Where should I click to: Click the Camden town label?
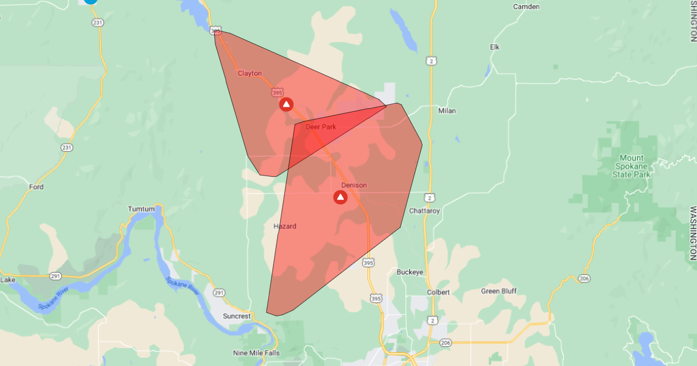coord(526,7)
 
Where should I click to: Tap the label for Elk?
coord(495,47)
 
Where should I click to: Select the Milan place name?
coord(446,111)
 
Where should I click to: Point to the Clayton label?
coord(250,73)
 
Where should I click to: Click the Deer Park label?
coord(321,127)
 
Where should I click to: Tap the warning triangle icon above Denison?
coord(340,197)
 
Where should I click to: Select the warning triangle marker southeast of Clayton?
coord(286,105)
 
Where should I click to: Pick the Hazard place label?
coord(284,226)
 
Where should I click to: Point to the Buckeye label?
coord(410,272)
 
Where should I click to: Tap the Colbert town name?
coord(438,292)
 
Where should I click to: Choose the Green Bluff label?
coord(499,291)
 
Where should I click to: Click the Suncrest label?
coord(237,316)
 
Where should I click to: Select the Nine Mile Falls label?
coord(257,353)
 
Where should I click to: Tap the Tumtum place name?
coord(142,209)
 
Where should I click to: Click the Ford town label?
coord(36,187)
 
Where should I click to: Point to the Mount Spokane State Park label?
coord(632,166)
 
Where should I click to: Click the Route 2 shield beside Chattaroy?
coord(429,197)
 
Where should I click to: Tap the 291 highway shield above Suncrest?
coord(219,293)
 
